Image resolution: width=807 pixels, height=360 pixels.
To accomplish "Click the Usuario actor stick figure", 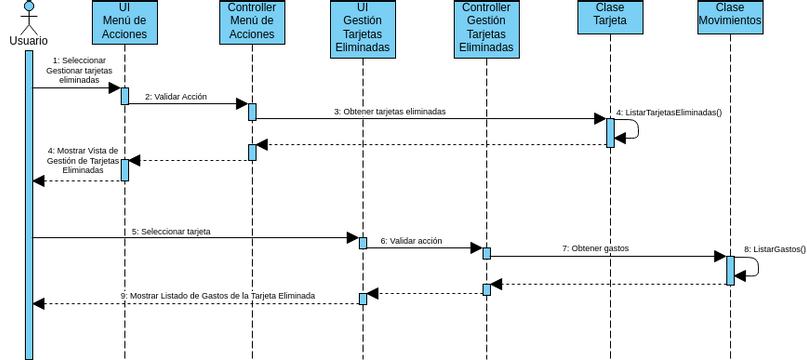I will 29,17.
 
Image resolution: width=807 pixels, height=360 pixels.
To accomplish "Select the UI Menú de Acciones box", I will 125,22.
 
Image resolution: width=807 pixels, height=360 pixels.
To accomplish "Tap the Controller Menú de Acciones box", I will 252,22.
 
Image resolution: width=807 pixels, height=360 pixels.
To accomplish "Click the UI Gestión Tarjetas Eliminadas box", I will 362,29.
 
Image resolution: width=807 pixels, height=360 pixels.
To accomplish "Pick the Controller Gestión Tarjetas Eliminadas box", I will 486,29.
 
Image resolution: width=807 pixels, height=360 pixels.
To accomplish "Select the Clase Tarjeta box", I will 609,22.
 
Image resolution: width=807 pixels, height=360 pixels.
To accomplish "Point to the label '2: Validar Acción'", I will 176,97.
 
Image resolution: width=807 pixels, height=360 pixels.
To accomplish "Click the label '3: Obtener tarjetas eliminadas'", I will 390,112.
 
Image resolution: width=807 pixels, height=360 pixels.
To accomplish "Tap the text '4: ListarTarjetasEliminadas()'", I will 669,113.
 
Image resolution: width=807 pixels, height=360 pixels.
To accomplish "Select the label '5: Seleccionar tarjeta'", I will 177,231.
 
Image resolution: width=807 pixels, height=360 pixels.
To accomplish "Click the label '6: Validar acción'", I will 411,241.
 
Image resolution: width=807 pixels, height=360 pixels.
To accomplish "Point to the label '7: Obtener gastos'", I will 595,248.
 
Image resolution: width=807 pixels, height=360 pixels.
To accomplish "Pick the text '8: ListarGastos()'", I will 774,248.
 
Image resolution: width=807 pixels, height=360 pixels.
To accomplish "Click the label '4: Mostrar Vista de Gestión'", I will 83,160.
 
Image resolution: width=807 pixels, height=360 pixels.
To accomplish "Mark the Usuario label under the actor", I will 29,41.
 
